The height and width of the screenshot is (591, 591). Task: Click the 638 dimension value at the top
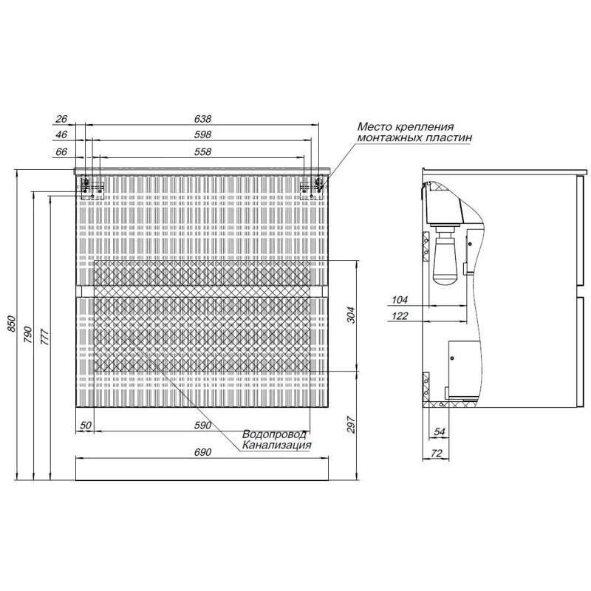point(202,119)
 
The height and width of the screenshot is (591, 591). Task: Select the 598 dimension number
point(202,134)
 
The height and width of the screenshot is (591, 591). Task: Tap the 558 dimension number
point(202,151)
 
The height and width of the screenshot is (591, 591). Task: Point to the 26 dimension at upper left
point(61,119)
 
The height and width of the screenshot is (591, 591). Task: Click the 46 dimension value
point(61,134)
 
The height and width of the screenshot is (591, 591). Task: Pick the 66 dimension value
point(61,151)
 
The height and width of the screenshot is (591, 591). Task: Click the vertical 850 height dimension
point(11,324)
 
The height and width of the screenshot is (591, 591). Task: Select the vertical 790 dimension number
point(29,335)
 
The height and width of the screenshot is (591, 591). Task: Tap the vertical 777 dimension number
point(44,338)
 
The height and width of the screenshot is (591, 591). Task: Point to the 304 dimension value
point(351,315)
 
